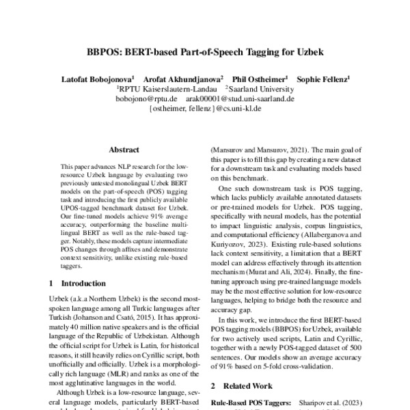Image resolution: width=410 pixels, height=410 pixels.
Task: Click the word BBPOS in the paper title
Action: click(x=104, y=52)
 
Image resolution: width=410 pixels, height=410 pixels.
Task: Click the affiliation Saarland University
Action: click(x=262, y=89)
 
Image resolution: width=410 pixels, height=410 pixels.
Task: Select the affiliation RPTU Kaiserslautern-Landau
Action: click(x=168, y=89)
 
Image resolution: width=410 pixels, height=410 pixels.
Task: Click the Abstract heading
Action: click(x=124, y=150)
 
